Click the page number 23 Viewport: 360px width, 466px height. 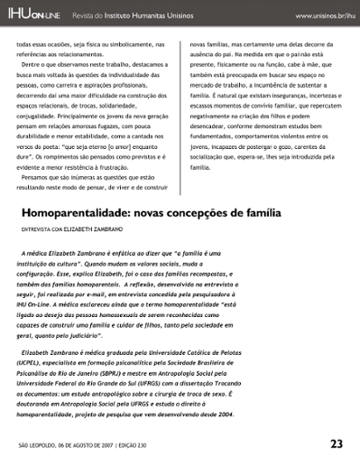[336, 443]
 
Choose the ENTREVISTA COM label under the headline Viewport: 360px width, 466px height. [45, 231]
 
